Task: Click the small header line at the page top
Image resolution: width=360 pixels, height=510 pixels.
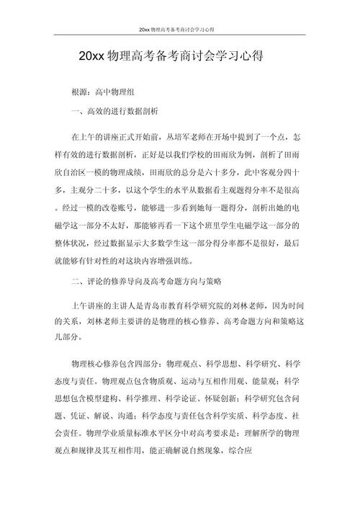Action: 179,30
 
